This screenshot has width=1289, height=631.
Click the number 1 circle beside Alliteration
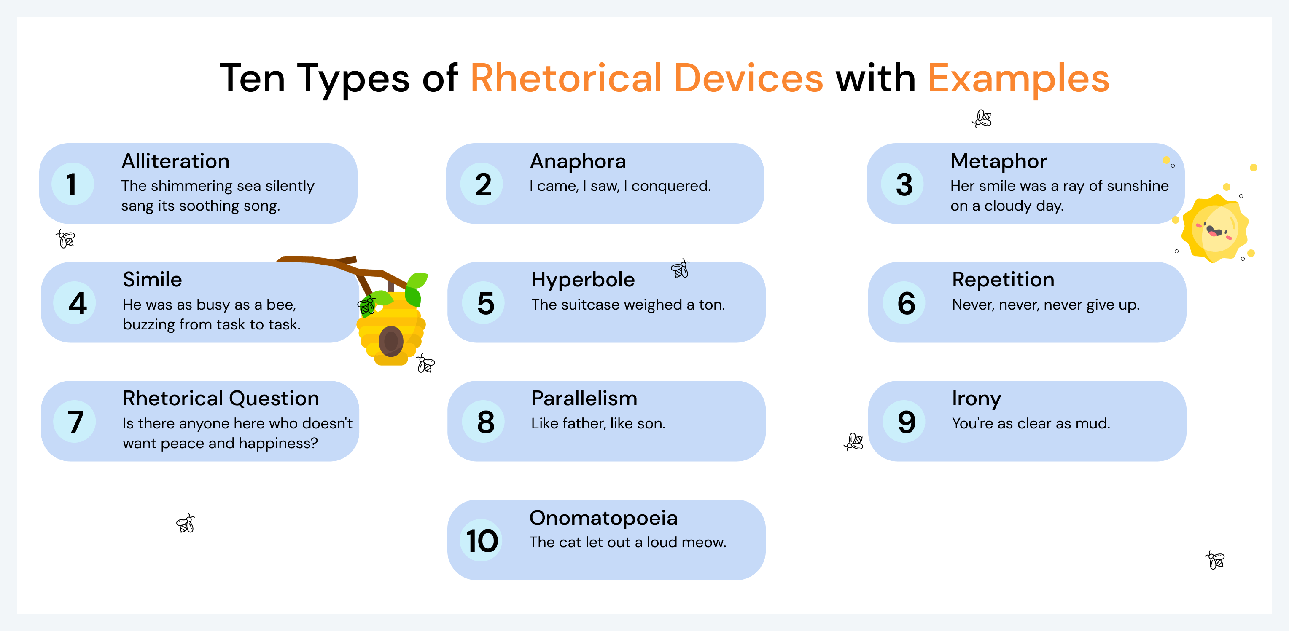coord(73,184)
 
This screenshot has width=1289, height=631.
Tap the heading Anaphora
coord(578,161)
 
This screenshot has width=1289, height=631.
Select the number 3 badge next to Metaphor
coord(904,184)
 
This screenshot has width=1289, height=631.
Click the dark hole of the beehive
coord(391,341)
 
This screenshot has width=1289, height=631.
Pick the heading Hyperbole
coord(583,280)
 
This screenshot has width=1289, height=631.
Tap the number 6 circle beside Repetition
coord(906,303)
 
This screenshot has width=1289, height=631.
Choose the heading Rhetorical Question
coord(221,398)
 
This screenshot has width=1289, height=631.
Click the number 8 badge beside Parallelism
coord(485,422)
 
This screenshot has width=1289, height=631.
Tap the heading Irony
coord(976,398)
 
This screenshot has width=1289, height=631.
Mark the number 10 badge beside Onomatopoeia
coord(482,540)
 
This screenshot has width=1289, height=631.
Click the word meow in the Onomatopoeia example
coord(707,543)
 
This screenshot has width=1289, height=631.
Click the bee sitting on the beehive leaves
coord(367,305)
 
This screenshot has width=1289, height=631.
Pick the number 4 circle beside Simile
coord(77,303)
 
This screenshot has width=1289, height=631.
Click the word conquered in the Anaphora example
coord(670,186)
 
